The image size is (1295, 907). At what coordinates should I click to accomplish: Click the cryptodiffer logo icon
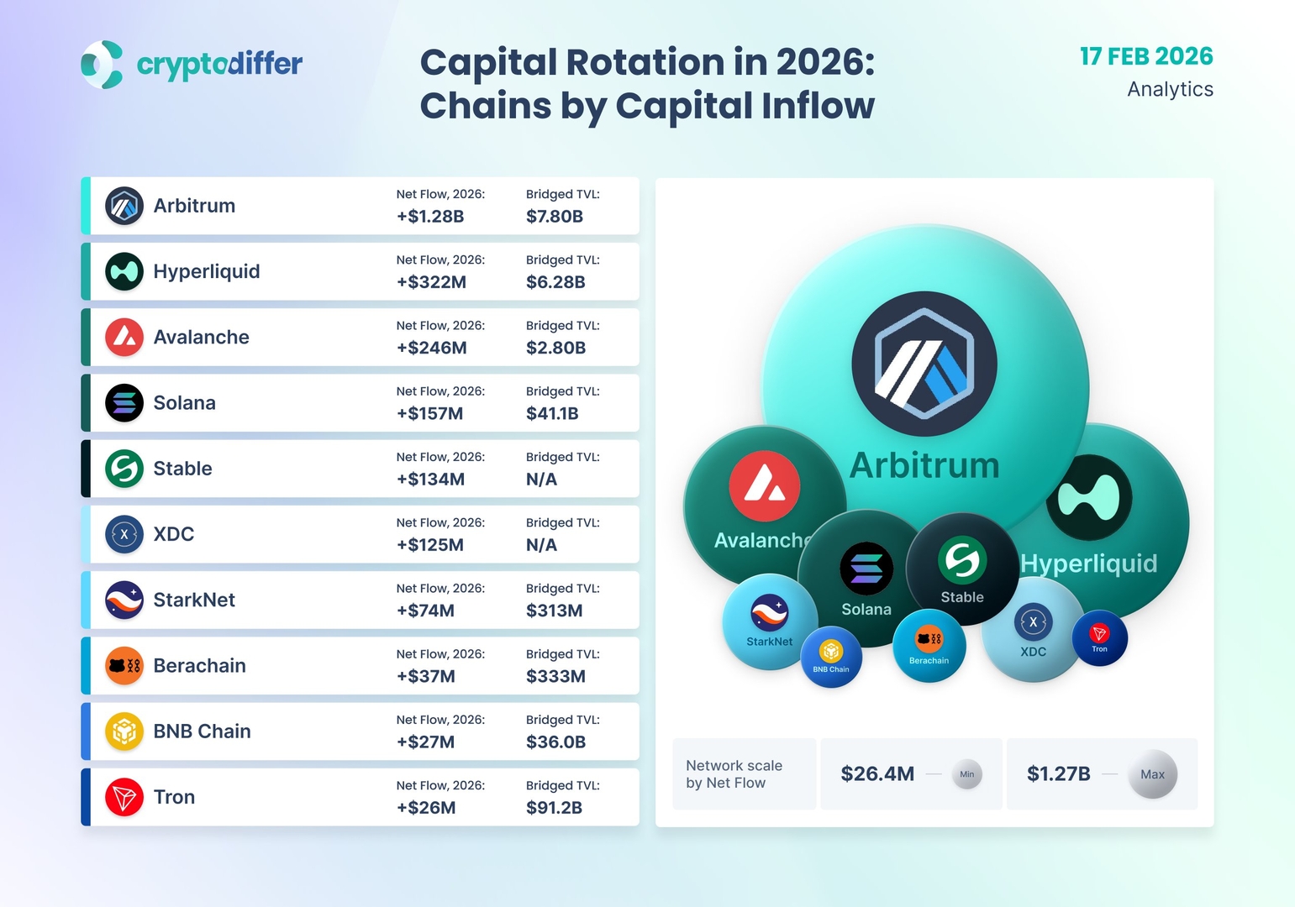tap(102, 64)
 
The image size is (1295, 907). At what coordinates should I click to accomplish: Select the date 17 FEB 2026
tap(1146, 56)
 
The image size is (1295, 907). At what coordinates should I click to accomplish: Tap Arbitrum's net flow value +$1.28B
tap(430, 216)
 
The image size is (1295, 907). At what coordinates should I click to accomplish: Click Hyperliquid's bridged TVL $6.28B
tap(555, 282)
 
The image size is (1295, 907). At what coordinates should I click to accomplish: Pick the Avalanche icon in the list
tap(124, 337)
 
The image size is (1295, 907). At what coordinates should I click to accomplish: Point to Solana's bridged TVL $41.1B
tap(552, 414)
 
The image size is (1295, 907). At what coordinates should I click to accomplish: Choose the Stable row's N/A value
tap(541, 479)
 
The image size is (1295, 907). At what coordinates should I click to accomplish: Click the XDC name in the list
tap(173, 534)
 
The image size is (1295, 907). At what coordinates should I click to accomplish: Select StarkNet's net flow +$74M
tap(425, 611)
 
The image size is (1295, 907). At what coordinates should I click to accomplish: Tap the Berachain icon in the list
tap(124, 665)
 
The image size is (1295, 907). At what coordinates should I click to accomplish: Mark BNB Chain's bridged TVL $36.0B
tap(555, 742)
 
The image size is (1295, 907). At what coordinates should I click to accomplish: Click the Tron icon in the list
tap(124, 797)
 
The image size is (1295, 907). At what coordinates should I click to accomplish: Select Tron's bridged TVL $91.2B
tap(554, 808)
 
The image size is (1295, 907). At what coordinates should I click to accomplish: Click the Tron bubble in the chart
tap(1099, 637)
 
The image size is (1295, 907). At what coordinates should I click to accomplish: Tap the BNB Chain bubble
tap(831, 657)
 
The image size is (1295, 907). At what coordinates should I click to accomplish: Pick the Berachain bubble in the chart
tap(929, 645)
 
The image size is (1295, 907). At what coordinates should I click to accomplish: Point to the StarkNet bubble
tap(770, 621)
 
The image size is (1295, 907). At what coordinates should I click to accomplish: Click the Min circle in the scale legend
tap(967, 774)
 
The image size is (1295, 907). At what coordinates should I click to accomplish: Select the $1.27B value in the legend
tap(1058, 773)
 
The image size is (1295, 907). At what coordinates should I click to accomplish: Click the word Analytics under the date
tap(1170, 90)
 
